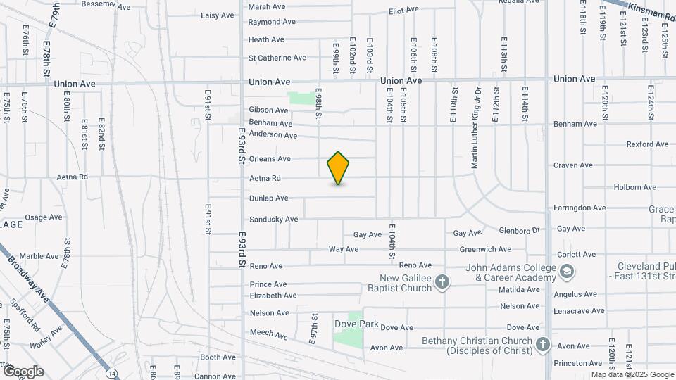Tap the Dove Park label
356,324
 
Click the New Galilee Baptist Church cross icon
442,283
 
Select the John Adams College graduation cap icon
566,272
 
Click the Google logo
23,372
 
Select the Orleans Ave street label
270,159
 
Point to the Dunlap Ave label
268,198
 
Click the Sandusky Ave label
273,220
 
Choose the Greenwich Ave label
485,249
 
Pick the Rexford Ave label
647,144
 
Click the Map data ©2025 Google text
632,374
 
